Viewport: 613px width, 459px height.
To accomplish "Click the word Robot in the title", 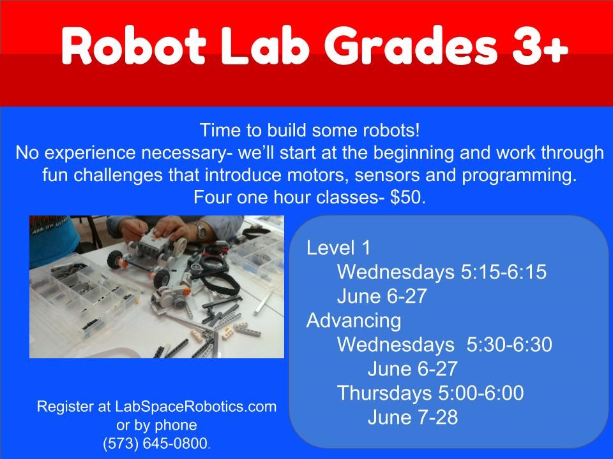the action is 133,46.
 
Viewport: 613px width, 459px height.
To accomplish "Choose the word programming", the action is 519,176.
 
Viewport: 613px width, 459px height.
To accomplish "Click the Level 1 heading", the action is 338,247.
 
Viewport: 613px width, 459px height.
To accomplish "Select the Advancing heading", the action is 353,321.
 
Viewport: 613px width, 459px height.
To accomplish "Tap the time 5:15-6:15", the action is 504,272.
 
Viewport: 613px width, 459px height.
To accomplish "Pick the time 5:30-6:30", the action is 509,345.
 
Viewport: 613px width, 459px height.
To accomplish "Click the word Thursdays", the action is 384,393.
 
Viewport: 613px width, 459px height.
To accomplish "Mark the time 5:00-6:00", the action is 481,393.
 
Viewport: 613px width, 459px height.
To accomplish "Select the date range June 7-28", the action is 412,417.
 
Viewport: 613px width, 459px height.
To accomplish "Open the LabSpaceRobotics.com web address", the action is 195,407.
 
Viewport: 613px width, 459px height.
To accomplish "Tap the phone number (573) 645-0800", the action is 156,444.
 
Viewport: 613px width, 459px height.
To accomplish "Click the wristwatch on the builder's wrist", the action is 201,231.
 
